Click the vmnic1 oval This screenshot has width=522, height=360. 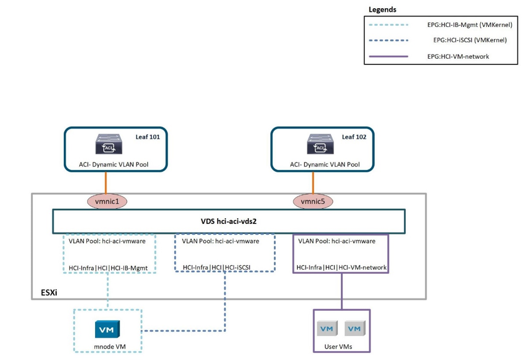(x=107, y=202)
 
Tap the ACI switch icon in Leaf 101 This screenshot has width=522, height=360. (x=107, y=144)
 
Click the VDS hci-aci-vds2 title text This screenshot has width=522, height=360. (x=229, y=222)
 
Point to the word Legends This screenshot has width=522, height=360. (x=382, y=10)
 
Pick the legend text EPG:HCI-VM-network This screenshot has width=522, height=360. (x=458, y=56)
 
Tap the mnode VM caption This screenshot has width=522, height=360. (x=107, y=347)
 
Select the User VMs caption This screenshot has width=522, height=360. (x=341, y=347)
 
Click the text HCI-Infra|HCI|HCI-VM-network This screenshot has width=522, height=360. (x=341, y=268)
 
